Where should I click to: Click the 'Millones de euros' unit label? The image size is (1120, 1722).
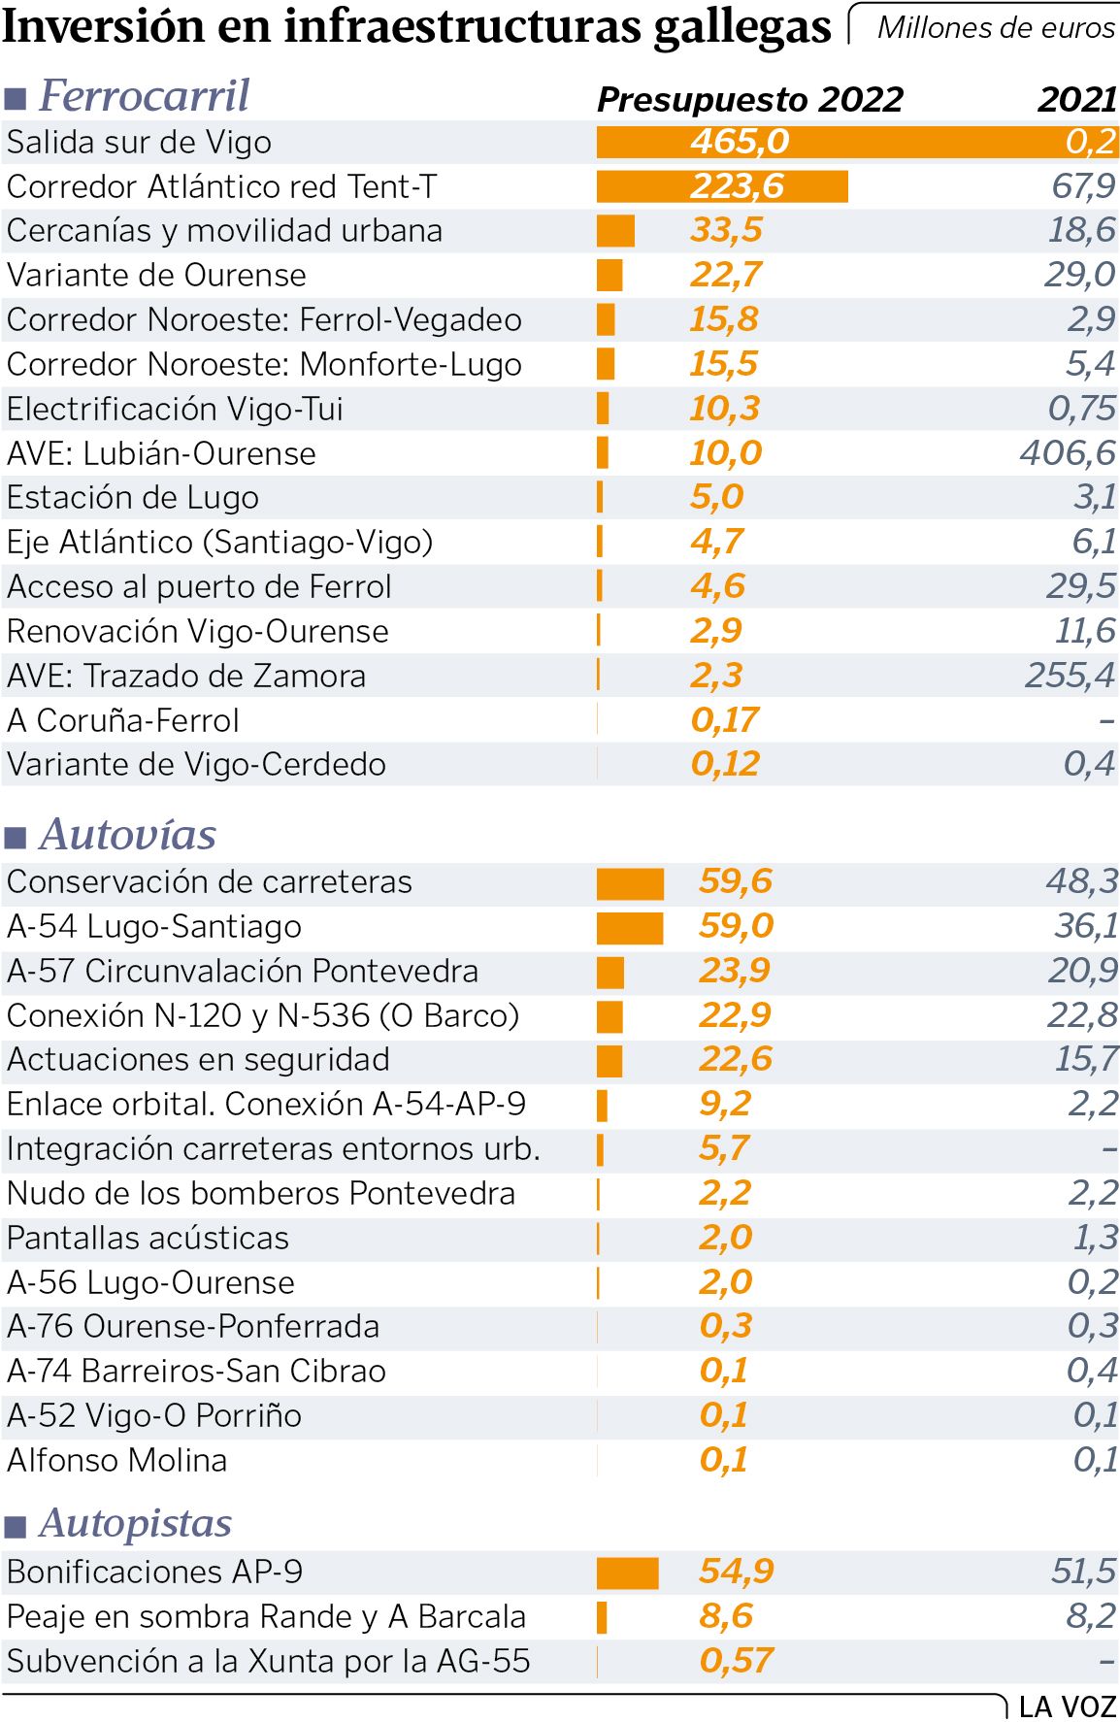click(995, 28)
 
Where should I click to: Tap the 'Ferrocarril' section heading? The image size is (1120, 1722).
click(144, 96)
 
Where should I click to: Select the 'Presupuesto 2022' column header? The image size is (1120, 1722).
click(749, 99)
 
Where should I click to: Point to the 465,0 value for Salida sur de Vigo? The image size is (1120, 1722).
click(740, 143)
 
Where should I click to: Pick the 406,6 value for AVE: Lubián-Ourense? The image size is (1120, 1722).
click(1068, 453)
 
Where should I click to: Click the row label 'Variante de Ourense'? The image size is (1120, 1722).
click(156, 276)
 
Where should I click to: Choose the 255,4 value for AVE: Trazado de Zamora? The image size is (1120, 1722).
click(1070, 676)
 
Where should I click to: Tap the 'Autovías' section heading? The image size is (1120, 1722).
click(128, 835)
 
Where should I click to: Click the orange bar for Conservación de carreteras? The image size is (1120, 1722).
click(630, 883)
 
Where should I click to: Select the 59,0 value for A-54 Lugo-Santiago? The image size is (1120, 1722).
click(736, 926)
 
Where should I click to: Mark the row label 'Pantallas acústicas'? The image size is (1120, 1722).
click(148, 1239)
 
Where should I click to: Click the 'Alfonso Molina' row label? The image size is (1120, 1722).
click(116, 1461)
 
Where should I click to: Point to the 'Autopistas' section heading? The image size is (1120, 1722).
click(135, 1524)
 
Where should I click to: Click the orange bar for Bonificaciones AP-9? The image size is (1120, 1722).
click(627, 1573)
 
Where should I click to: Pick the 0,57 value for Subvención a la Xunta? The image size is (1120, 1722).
click(736, 1661)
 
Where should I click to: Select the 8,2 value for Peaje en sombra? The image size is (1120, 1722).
click(1092, 1616)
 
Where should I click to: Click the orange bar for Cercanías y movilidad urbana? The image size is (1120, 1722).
click(615, 231)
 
